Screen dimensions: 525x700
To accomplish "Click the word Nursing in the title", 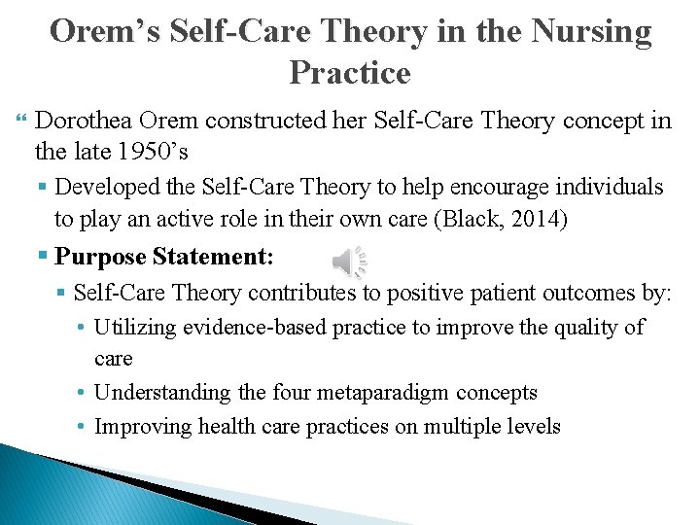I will point(592,32).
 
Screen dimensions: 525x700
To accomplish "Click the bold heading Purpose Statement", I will point(164,257).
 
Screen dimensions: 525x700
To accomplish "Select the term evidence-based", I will point(253,328).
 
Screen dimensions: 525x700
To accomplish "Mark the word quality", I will point(582,328).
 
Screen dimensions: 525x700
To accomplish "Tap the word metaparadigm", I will point(378,393).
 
